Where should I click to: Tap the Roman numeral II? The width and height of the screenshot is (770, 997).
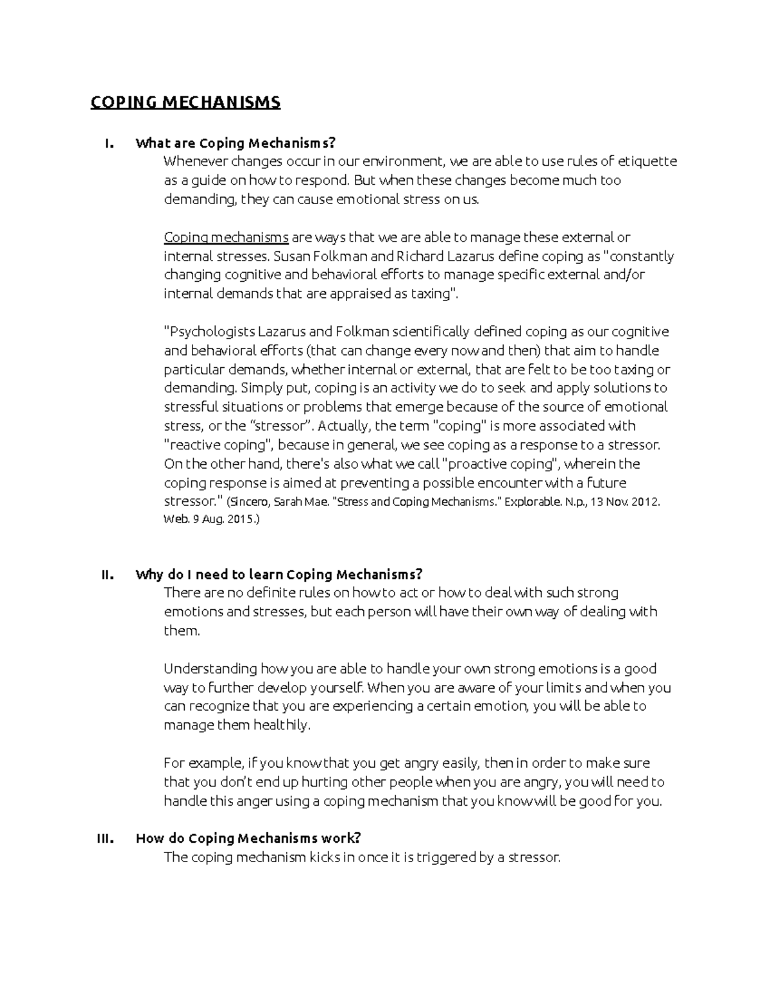coord(107,575)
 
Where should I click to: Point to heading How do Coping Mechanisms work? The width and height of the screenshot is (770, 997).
coord(248,838)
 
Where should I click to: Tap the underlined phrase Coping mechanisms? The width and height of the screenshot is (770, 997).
coord(226,238)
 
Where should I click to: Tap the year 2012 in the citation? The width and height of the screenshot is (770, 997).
coord(644,502)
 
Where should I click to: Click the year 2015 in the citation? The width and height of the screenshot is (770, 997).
coord(241,521)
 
